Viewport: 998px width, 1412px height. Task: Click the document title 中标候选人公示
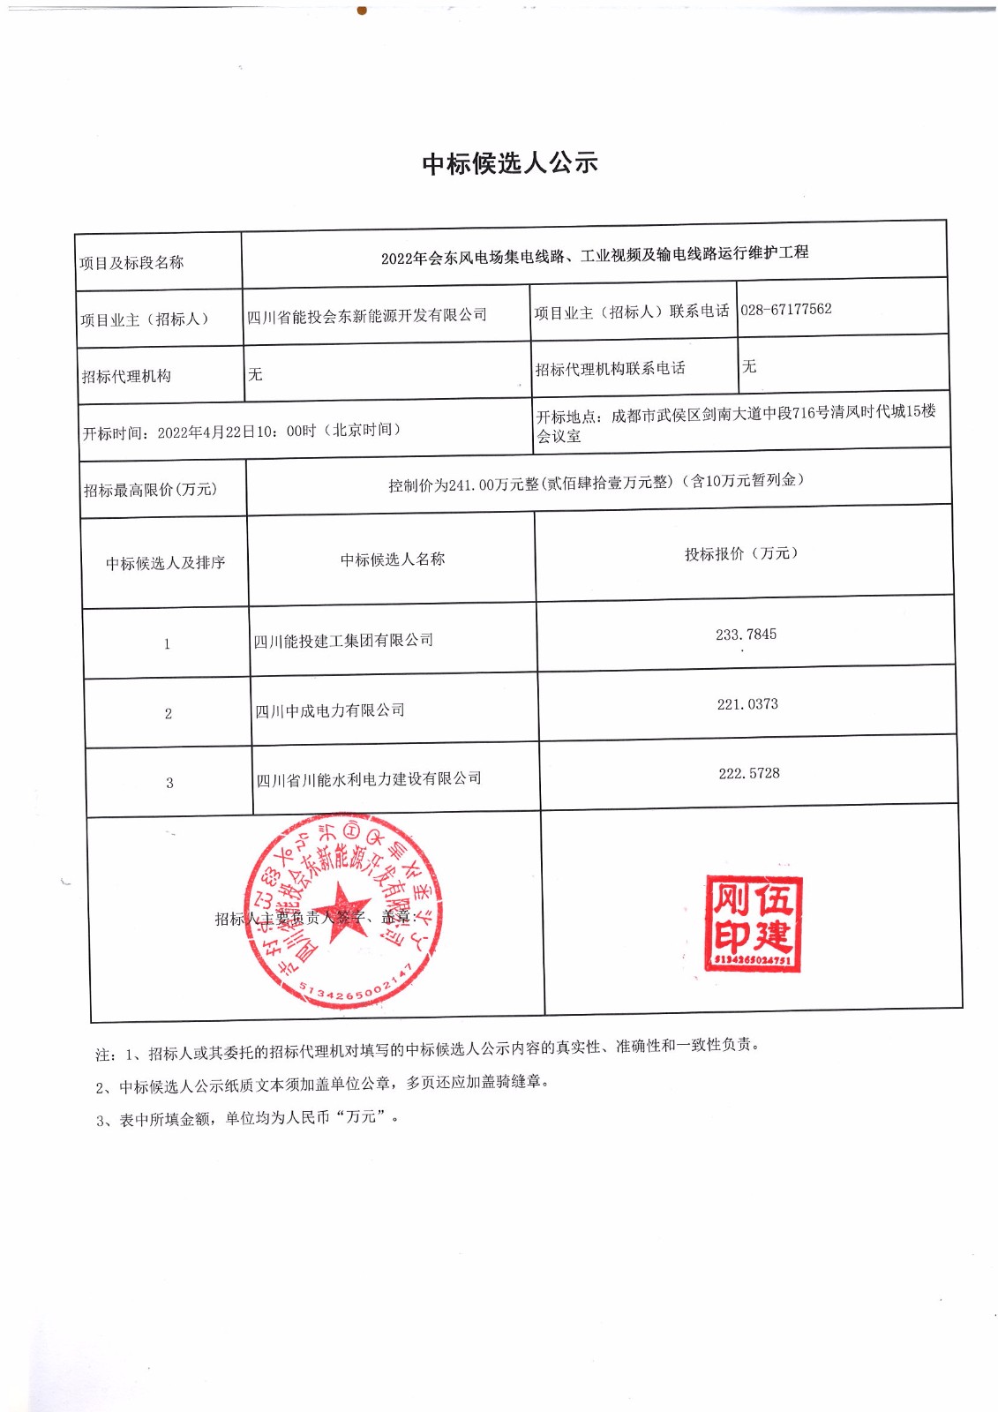(510, 163)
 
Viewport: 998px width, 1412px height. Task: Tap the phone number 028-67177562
(785, 309)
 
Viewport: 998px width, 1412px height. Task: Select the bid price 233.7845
(746, 635)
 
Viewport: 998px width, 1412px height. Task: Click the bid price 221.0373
(747, 704)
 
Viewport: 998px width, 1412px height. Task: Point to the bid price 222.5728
(749, 774)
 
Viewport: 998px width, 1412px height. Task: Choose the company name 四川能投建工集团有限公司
(343, 641)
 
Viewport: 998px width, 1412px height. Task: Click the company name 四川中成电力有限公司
(330, 710)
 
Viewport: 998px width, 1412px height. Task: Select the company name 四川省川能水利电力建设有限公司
(369, 779)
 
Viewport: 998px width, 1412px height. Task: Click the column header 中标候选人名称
(393, 560)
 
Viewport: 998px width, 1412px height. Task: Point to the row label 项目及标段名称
(131, 262)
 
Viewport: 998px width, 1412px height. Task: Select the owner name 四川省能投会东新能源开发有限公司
(367, 315)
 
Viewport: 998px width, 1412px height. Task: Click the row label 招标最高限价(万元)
(150, 490)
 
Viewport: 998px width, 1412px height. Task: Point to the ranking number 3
(169, 783)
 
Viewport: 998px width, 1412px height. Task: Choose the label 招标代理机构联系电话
(610, 369)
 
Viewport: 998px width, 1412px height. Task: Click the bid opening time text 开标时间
(242, 432)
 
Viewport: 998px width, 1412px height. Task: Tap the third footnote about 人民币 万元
(247, 1118)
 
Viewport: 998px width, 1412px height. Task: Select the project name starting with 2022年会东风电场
(595, 255)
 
